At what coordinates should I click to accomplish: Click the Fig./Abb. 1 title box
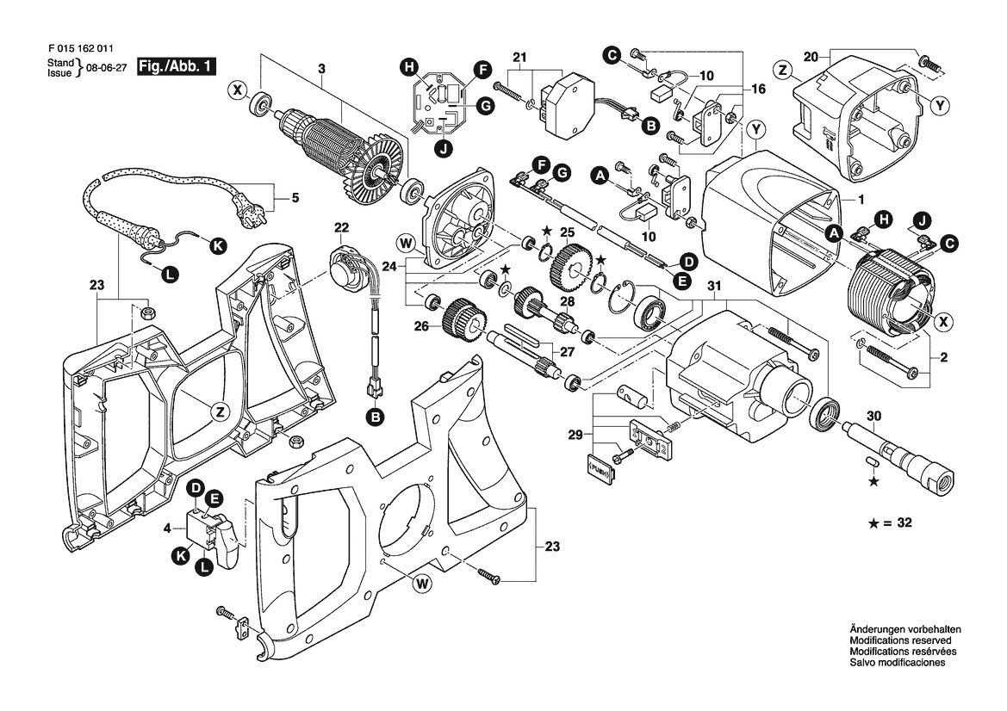tap(176, 67)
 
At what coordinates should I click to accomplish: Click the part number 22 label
tap(341, 227)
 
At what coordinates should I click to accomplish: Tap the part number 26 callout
tap(420, 326)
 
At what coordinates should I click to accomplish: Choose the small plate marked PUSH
tap(602, 466)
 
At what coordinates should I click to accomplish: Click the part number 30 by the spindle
tap(873, 417)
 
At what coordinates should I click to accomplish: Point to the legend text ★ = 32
tap(890, 523)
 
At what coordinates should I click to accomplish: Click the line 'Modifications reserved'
tap(899, 640)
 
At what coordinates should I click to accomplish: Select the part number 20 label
tap(811, 57)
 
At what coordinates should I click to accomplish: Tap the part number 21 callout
tap(519, 58)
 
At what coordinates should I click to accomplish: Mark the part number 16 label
tap(758, 89)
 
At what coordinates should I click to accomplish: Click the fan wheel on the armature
tap(372, 168)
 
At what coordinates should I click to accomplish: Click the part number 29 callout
tap(575, 436)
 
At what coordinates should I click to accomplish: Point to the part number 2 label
tap(943, 357)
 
